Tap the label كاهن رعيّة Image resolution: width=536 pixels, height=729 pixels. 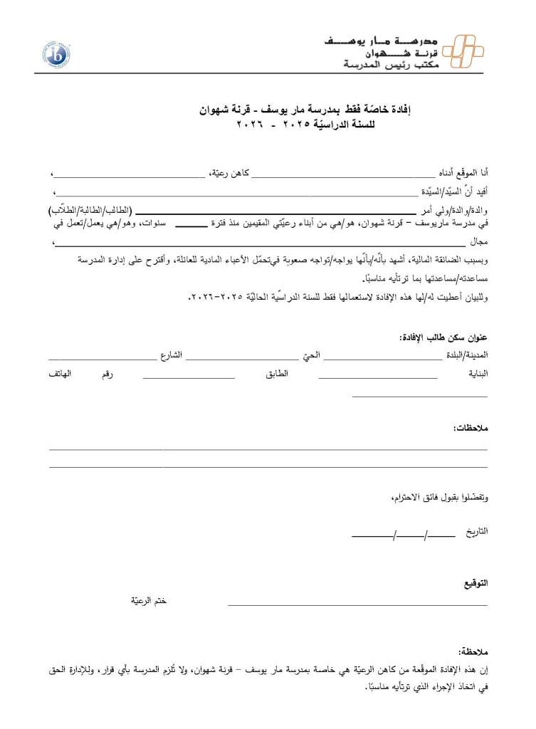[232, 173]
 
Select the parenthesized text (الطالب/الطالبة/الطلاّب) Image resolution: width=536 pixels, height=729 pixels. [92, 211]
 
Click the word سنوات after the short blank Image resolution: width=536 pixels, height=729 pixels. [154, 224]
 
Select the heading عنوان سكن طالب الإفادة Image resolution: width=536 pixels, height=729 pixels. [443, 337]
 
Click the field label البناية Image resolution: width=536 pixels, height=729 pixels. [475, 374]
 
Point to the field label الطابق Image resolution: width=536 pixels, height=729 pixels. [276, 374]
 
